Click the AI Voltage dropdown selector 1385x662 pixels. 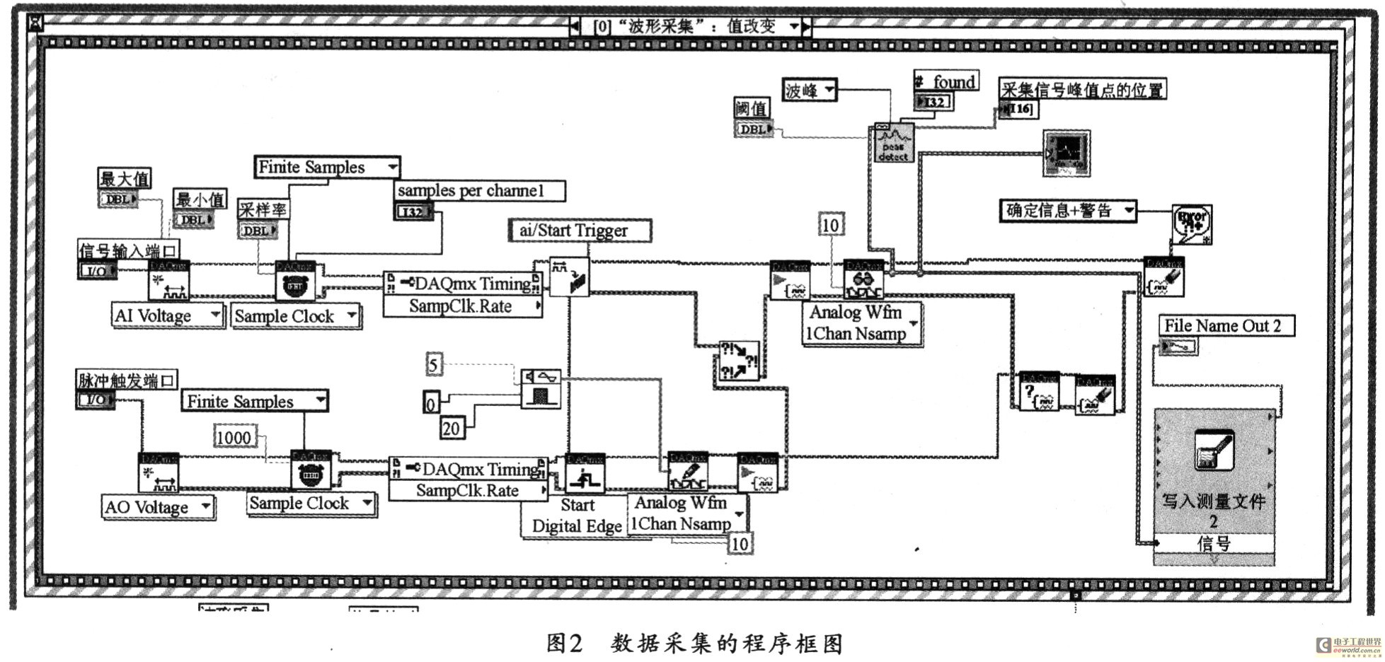(x=167, y=315)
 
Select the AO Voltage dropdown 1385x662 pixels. (x=158, y=507)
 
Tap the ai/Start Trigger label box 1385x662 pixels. (x=579, y=231)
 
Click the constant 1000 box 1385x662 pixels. (x=234, y=437)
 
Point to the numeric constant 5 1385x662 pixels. (x=434, y=365)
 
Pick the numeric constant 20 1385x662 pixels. (x=451, y=428)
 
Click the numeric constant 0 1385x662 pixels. (x=430, y=404)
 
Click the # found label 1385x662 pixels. (x=946, y=82)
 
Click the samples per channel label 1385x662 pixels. (x=479, y=190)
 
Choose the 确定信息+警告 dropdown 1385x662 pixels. (x=1068, y=211)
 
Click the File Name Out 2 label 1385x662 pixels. (x=1226, y=325)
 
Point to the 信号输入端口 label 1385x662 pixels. (x=128, y=250)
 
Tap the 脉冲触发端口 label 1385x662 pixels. (x=127, y=380)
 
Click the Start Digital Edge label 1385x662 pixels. (x=576, y=516)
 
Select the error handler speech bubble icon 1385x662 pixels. (x=1192, y=223)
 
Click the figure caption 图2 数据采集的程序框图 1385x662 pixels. (x=694, y=643)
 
